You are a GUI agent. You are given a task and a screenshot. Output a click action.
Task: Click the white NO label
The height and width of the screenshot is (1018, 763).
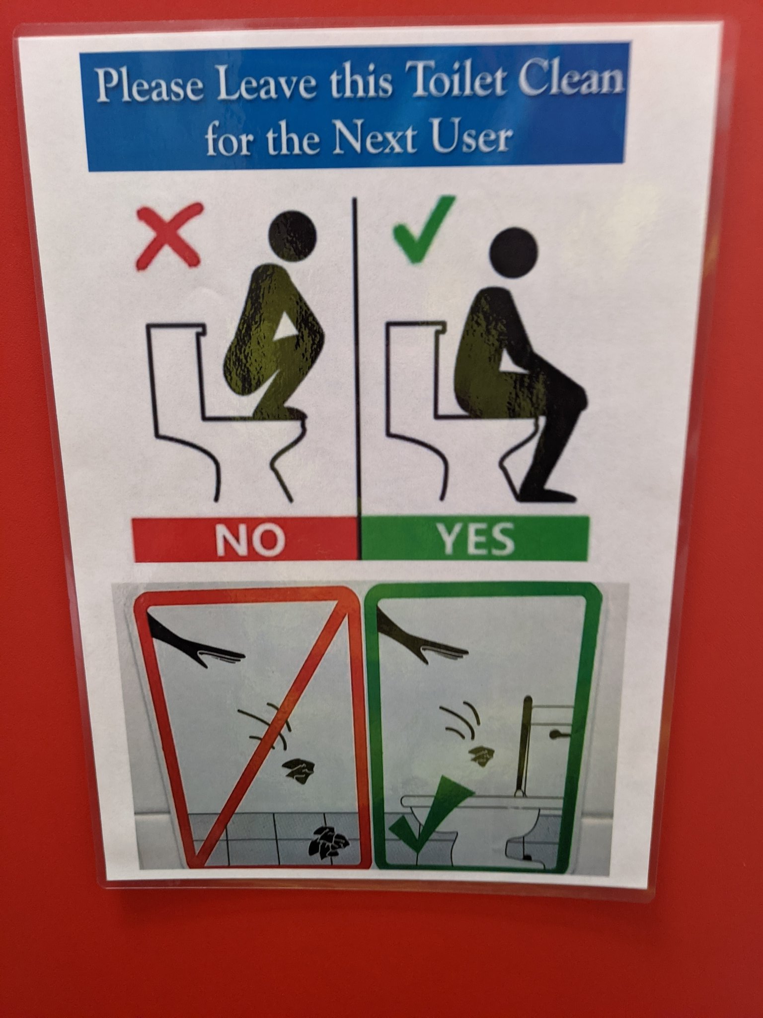tap(250, 540)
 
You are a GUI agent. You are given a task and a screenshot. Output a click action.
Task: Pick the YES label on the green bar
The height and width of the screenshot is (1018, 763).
tap(475, 539)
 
